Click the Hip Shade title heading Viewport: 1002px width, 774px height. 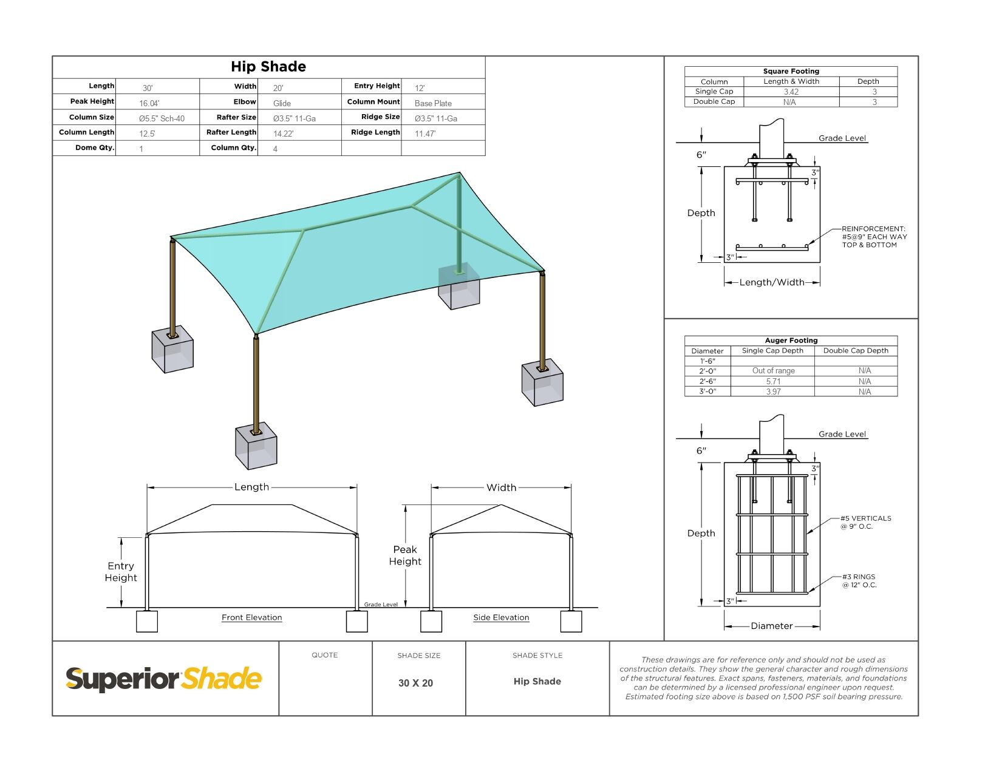click(x=268, y=67)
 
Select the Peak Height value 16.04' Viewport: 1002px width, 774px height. click(x=149, y=103)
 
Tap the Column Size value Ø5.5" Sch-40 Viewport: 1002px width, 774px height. click(x=162, y=118)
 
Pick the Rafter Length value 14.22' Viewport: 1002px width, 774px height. click(x=283, y=134)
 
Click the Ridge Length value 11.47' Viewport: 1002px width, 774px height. click(x=425, y=134)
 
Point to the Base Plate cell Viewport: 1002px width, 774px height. click(x=433, y=103)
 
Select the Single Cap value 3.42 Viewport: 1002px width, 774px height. click(x=791, y=92)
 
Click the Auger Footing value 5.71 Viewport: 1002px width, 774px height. click(x=773, y=381)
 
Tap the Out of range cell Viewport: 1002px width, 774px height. click(x=773, y=370)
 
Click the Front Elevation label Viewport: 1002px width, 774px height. click(x=251, y=617)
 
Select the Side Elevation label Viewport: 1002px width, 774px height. click(x=501, y=617)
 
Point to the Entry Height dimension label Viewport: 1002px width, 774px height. click(x=121, y=572)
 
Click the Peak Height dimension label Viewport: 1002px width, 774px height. click(x=405, y=555)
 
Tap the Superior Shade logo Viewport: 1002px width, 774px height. click(x=164, y=679)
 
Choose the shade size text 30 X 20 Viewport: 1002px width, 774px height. click(x=415, y=683)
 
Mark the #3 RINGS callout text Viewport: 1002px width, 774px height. click(x=859, y=581)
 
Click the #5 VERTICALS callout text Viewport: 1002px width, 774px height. click(x=865, y=522)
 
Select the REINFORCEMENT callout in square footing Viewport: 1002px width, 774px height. click(x=874, y=237)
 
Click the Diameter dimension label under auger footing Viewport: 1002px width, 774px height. click(x=771, y=626)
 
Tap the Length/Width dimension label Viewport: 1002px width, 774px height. click(x=771, y=282)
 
